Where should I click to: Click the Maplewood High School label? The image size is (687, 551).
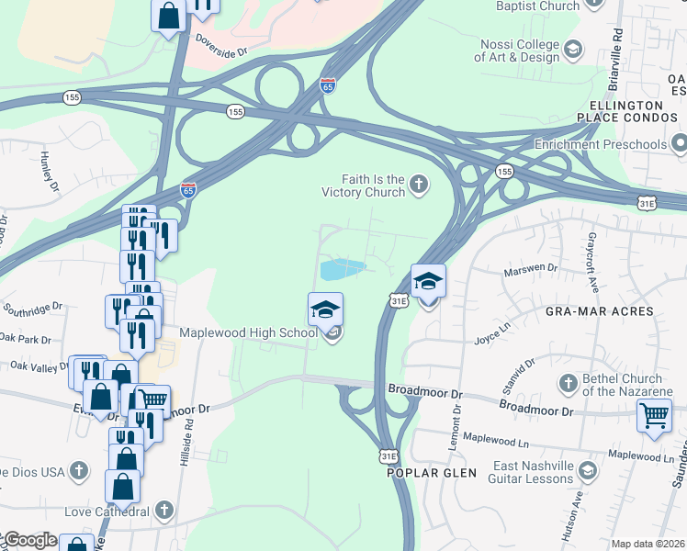tap(248, 332)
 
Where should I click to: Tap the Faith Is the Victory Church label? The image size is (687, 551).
tap(362, 186)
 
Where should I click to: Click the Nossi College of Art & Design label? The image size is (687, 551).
tap(520, 51)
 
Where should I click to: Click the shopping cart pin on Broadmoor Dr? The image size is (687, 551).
tap(654, 414)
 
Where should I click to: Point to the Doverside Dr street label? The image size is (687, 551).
tap(222, 46)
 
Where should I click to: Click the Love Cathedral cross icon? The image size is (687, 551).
tap(164, 510)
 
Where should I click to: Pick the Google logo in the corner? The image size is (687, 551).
tap(29, 540)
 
